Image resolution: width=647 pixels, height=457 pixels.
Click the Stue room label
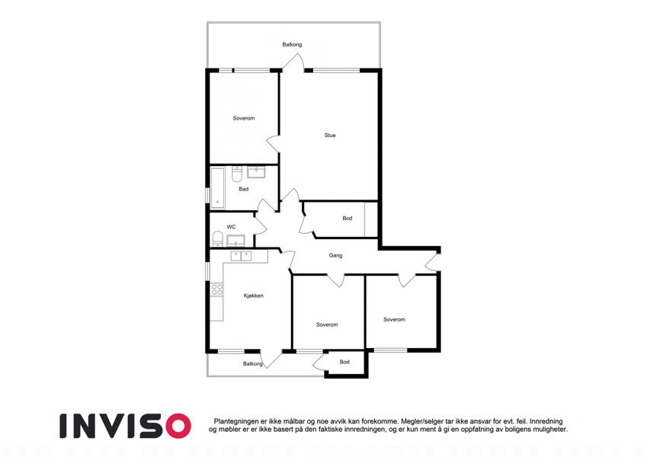coord(330,135)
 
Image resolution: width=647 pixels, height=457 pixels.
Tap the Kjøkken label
coord(253,296)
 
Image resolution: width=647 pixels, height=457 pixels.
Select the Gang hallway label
coord(335,256)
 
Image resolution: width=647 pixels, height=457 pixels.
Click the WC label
coord(231,227)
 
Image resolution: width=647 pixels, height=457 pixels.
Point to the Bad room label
coord(243,189)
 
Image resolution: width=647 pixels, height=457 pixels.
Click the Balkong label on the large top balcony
coord(292,44)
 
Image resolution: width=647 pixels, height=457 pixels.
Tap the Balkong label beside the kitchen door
coord(252,364)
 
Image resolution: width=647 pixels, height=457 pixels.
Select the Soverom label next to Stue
coord(243,118)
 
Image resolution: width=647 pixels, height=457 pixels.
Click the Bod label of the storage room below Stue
coord(348,218)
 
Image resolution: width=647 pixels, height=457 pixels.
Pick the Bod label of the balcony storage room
coord(344,362)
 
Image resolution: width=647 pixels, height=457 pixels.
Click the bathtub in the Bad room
coord(217,187)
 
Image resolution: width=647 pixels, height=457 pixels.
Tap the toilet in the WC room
coord(217,239)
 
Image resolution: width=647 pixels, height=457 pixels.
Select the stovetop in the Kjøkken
coord(217,289)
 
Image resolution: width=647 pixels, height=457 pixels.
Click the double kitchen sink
coord(241,257)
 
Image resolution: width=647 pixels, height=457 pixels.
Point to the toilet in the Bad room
coord(237,174)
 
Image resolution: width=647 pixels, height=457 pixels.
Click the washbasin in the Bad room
coord(256,171)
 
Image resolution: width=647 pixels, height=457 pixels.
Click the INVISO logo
coord(126,426)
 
